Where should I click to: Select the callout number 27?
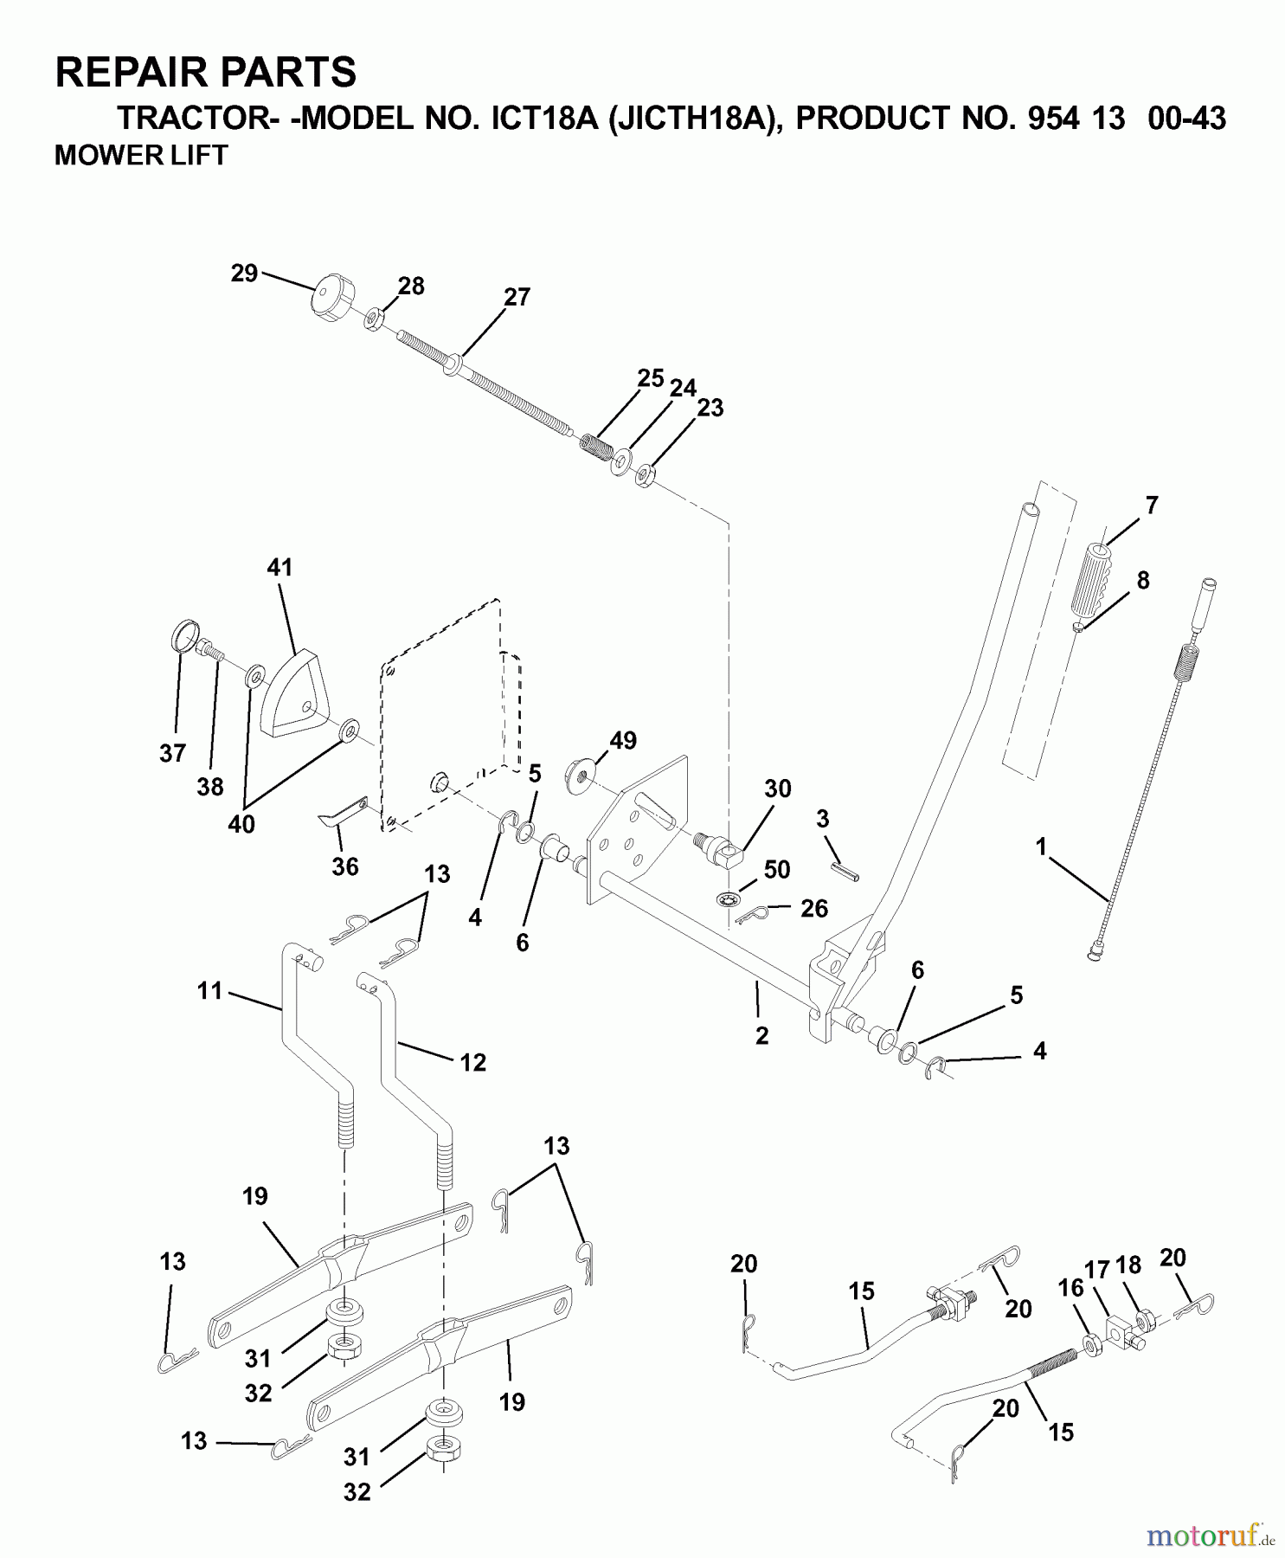517,297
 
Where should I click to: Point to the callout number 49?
622,740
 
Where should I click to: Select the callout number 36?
345,866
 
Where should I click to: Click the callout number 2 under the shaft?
761,1036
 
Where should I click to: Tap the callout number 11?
210,990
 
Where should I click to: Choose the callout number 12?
472,1062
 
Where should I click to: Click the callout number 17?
1096,1270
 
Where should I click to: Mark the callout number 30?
778,788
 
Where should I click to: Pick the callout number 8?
1143,580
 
